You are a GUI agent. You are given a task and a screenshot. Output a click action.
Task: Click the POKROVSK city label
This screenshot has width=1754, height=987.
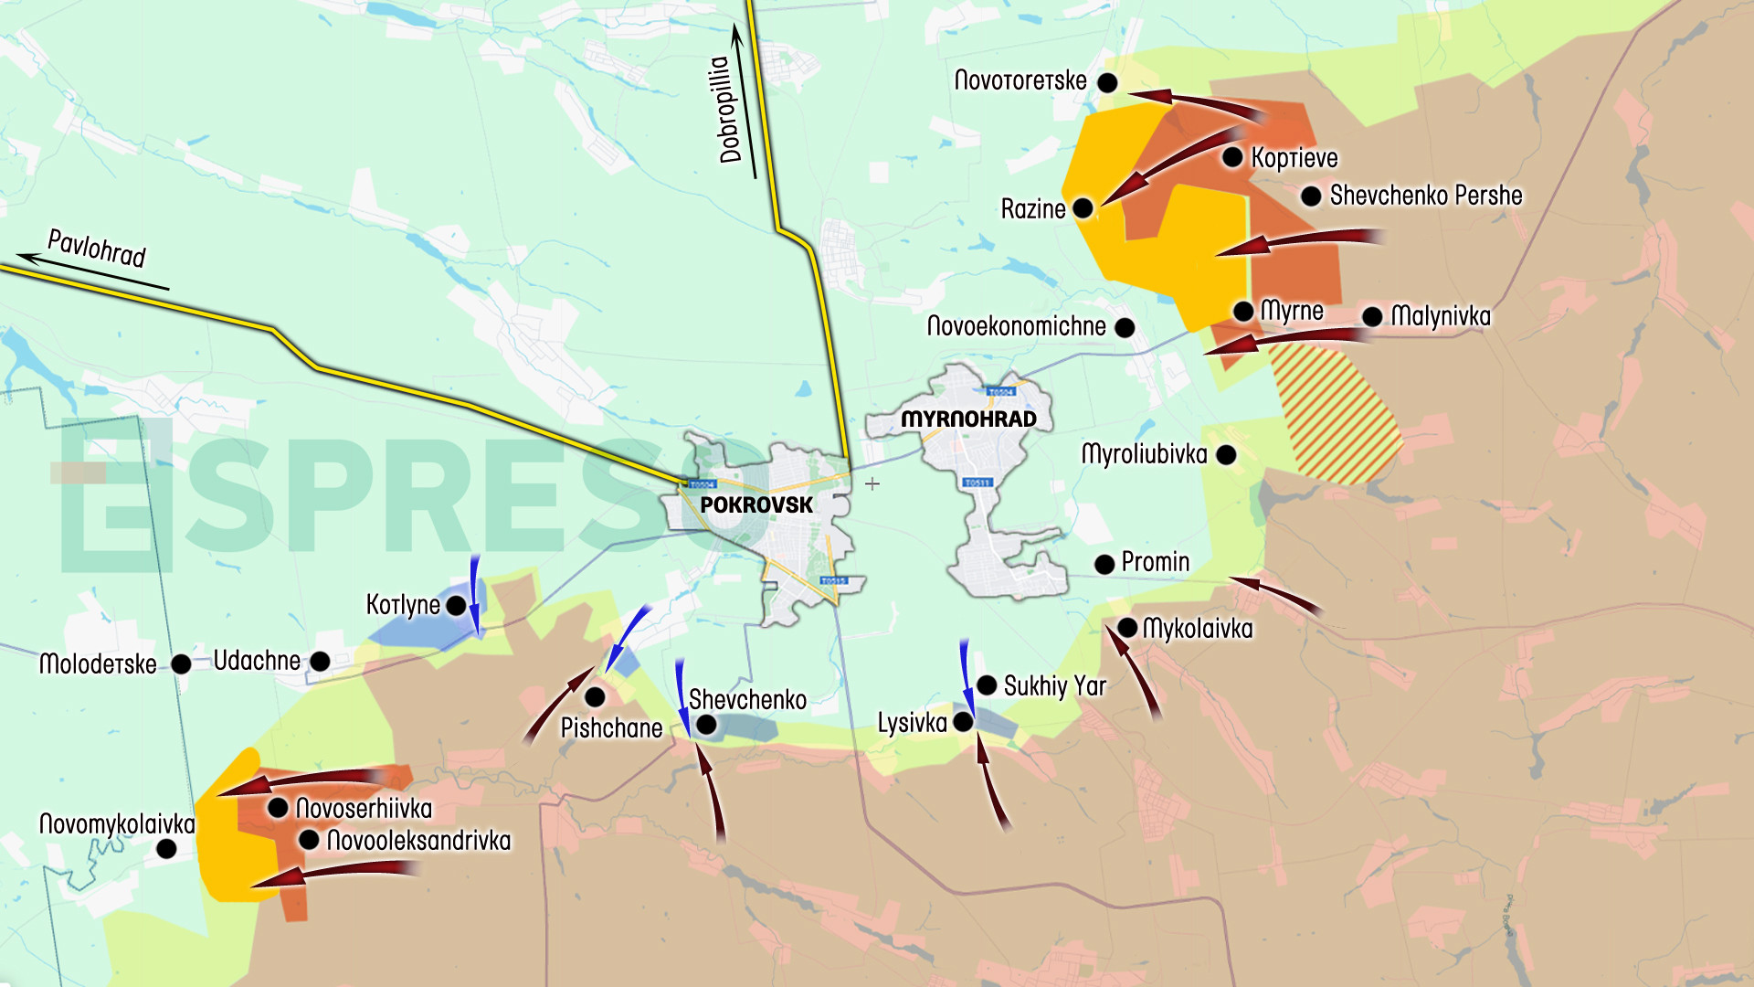[756, 505]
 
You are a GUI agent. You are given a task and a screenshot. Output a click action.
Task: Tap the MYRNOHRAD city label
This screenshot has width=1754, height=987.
[968, 419]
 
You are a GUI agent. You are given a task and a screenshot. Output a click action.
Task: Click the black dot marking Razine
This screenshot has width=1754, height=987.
[1083, 208]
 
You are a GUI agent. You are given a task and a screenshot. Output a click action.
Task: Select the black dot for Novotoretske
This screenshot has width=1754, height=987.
[1107, 83]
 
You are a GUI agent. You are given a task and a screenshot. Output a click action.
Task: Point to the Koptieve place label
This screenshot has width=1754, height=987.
[1294, 158]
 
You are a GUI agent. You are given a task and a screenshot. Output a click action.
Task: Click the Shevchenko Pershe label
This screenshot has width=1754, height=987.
[1425, 196]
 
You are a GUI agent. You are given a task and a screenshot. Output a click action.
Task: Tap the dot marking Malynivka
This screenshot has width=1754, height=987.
[1372, 317]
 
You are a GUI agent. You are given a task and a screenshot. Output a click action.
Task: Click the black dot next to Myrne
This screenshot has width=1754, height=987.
[1243, 312]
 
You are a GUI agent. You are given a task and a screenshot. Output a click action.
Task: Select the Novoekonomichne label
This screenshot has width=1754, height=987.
[1016, 326]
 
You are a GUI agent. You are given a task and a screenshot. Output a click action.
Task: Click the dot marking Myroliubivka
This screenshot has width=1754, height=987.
[1227, 455]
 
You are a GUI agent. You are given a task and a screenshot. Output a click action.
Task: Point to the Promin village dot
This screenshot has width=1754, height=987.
[1104, 564]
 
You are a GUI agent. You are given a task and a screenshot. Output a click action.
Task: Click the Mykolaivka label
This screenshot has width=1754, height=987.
[1198, 629]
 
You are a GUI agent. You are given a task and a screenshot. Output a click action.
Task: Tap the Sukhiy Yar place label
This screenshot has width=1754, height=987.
[1054, 686]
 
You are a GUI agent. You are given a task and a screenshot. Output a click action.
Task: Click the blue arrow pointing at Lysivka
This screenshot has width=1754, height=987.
[966, 681]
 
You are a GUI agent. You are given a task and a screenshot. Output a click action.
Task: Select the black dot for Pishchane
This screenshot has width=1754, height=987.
[595, 697]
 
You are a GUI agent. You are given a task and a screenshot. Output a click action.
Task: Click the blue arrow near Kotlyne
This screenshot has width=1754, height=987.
[475, 594]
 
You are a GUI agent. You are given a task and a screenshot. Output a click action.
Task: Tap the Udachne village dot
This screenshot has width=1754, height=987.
[320, 661]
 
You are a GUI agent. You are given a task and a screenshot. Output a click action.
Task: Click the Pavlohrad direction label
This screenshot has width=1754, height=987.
[97, 249]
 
